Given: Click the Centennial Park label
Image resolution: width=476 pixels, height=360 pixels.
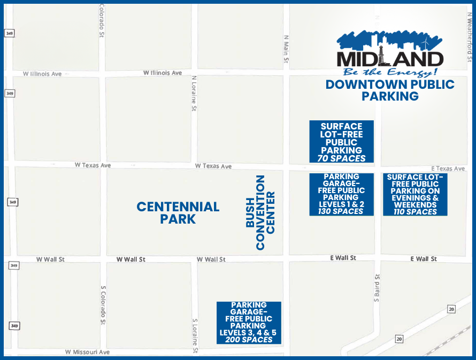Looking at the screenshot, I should click(x=178, y=212).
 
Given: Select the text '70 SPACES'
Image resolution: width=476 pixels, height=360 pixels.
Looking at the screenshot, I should click(x=342, y=158).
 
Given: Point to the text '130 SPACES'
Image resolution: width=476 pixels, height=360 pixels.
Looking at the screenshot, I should click(x=341, y=211).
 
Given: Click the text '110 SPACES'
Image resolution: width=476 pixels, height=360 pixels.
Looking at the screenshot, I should click(x=414, y=211).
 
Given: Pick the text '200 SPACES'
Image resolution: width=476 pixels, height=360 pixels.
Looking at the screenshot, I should click(x=249, y=339).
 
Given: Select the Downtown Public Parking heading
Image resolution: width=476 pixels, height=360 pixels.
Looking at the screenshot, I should click(x=390, y=90).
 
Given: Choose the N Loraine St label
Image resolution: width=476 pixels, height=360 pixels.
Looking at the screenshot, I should click(x=194, y=93).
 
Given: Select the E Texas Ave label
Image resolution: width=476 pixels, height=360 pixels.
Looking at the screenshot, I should click(x=448, y=168).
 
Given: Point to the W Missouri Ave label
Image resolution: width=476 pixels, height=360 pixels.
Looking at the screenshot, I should click(x=87, y=352).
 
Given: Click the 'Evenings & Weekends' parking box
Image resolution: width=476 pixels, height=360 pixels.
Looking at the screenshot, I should click(x=414, y=194).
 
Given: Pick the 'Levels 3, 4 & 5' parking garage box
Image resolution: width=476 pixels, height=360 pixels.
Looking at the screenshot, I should click(x=249, y=322).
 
